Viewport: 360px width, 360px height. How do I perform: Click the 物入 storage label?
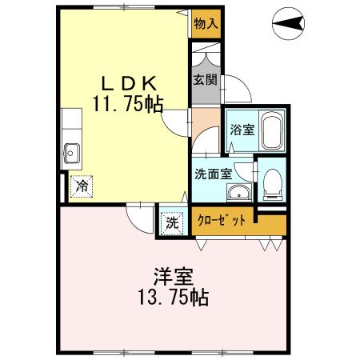coord(206,24)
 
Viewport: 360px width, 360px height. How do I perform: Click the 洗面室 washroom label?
coord(212,173)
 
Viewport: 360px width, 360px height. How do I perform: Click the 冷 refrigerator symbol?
coord(82,186)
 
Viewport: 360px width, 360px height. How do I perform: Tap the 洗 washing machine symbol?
coord(172,223)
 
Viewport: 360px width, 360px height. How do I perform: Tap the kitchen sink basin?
coord(70,150)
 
